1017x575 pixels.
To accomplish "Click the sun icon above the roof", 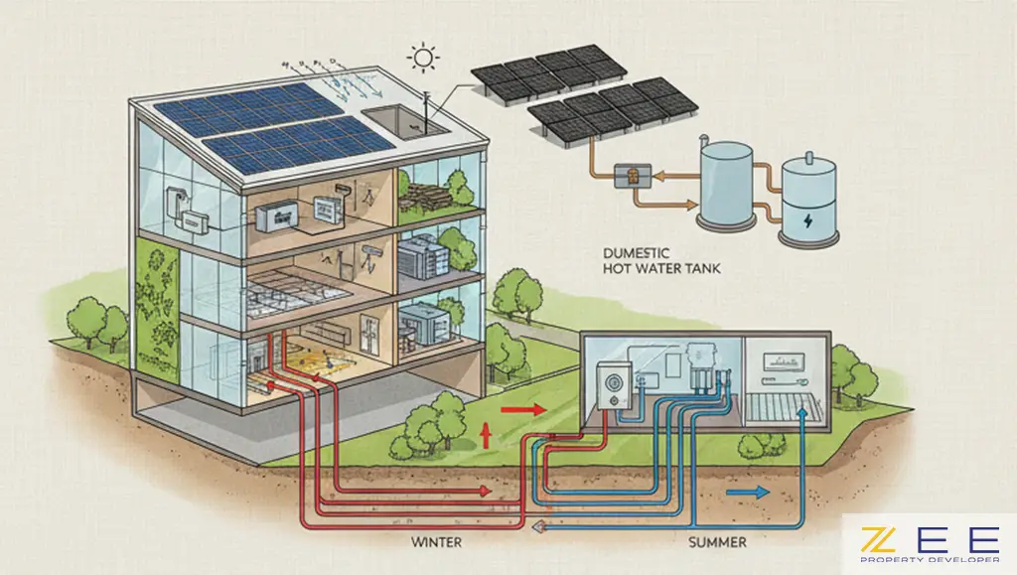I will point(425,60).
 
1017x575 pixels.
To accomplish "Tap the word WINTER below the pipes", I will point(436,543).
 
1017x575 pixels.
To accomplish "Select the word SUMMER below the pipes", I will point(717,543).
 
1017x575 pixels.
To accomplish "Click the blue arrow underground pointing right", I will point(749,491).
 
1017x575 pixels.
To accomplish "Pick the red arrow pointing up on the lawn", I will point(487,434).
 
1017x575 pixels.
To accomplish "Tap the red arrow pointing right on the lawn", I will point(522,408).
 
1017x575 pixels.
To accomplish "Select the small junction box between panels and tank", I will point(630,175).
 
